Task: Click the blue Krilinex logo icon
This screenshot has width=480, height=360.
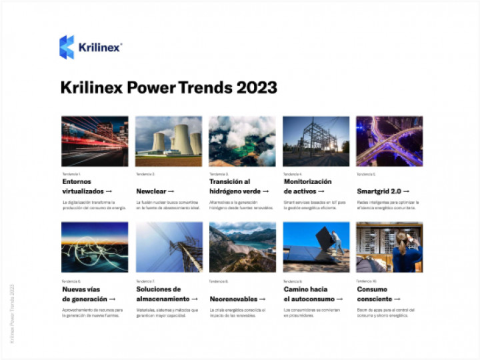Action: [x=67, y=47]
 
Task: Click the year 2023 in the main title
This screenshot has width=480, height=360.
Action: [x=255, y=88]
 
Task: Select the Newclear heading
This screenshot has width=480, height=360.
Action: [x=155, y=191]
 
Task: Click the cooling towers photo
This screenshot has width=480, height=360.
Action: [x=169, y=141]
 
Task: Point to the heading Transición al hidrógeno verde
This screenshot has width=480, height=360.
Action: [x=239, y=186]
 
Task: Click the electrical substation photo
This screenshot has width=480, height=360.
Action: [x=316, y=141]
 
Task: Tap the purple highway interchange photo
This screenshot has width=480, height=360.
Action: [x=389, y=141]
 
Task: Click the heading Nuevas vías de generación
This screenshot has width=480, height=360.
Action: [x=89, y=294]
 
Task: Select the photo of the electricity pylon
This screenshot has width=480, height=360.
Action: [x=169, y=247]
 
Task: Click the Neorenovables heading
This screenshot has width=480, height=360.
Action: [x=238, y=299]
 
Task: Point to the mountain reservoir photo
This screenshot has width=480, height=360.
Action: [x=242, y=247]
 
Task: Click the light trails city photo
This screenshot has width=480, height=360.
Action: [x=95, y=141]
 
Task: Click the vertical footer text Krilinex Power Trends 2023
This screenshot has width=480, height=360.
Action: [x=13, y=313]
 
